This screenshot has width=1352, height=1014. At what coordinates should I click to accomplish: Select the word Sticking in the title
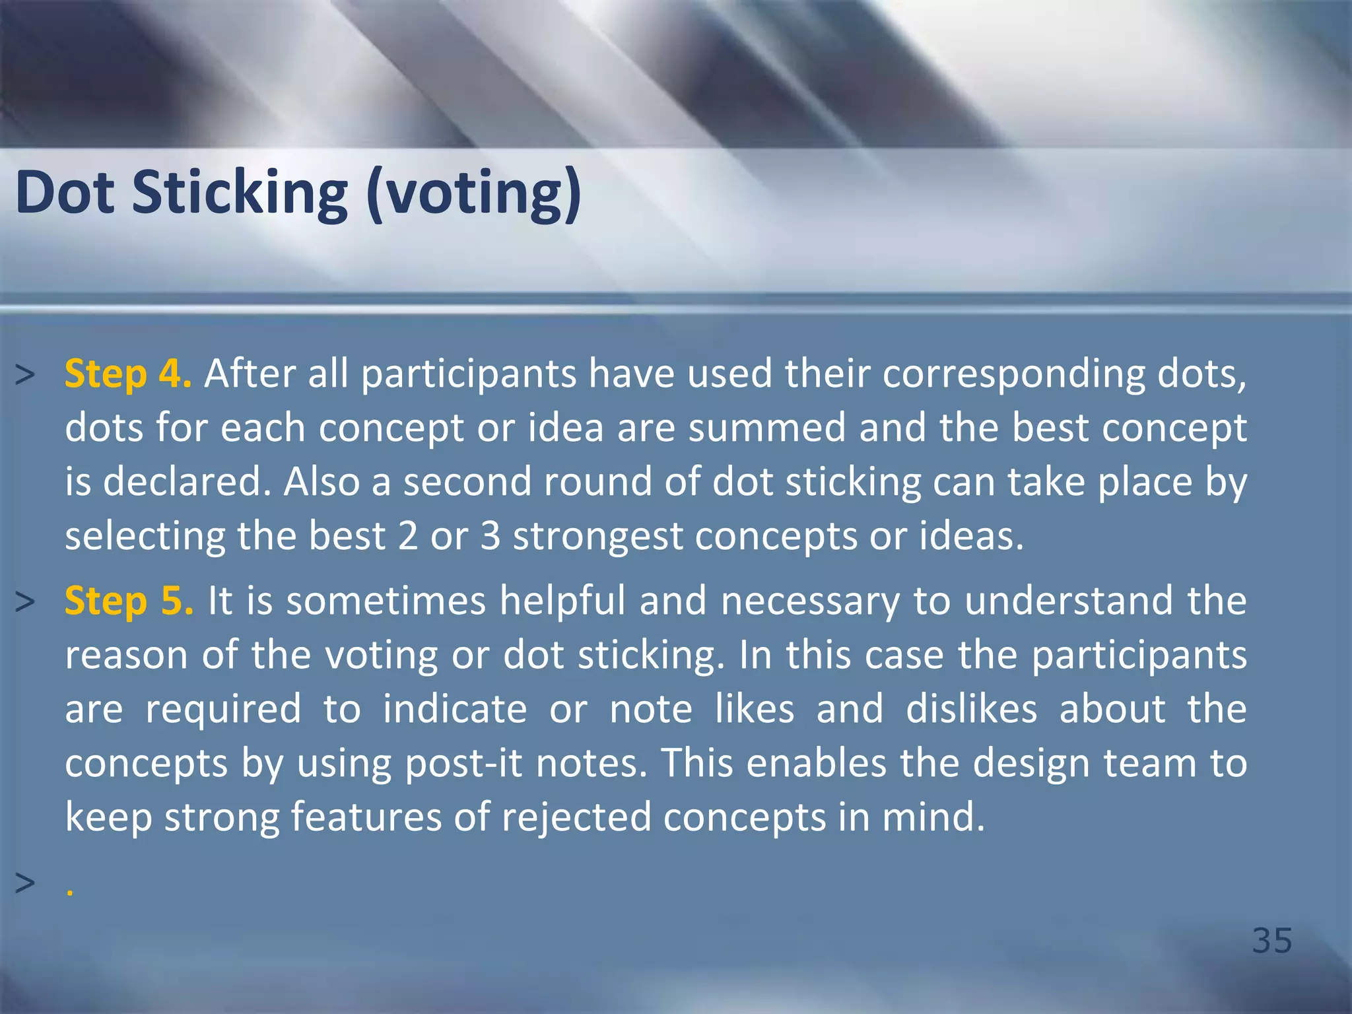[240, 194]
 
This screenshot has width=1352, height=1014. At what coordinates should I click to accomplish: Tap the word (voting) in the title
[474, 194]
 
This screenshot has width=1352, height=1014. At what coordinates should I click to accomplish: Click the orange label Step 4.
[128, 374]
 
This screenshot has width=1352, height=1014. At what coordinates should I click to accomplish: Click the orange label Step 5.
[129, 601]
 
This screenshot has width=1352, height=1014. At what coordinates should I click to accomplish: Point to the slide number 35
[1272, 940]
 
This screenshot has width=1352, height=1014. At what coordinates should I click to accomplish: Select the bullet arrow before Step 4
[24, 375]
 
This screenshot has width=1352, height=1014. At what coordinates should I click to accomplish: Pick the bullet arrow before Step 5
[24, 602]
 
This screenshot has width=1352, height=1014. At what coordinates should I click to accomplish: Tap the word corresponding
[1014, 375]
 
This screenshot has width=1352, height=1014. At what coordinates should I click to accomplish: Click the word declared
[187, 481]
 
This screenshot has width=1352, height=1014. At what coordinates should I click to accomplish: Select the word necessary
[811, 602]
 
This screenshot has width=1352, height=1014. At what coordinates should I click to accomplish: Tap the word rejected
[577, 817]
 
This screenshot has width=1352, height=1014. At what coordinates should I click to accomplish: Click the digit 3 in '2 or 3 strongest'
[490, 535]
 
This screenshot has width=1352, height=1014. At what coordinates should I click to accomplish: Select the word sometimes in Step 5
[386, 601]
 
